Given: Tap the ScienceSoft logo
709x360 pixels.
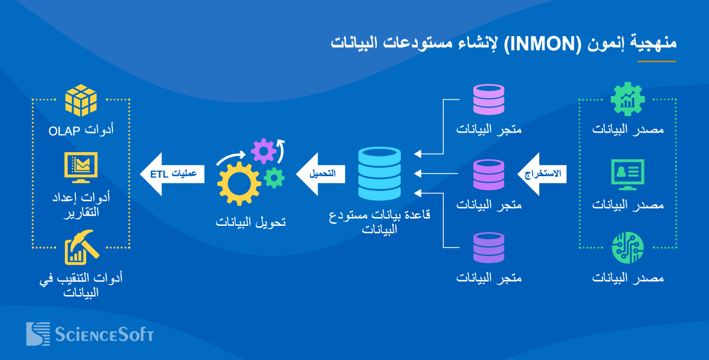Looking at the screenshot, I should (x=90, y=334).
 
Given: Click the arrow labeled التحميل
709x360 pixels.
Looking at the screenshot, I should (x=320, y=174).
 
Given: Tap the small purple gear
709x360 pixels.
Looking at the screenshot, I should (x=264, y=151).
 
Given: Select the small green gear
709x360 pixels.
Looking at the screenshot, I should (x=274, y=177).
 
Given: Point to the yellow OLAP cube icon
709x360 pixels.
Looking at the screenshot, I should (x=81, y=100).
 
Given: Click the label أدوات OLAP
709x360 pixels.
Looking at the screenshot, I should (x=81, y=130).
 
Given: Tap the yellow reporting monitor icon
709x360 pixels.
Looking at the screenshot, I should (x=81, y=167).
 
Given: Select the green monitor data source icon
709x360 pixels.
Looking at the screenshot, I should (x=627, y=174).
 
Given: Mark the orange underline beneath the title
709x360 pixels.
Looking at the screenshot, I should (x=657, y=61).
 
